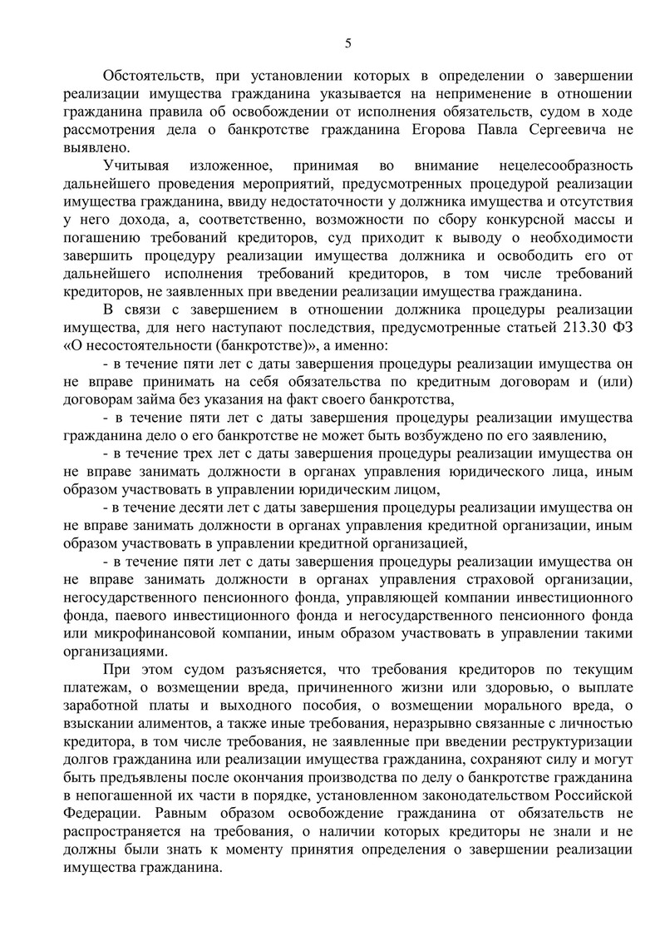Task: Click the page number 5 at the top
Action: (x=348, y=43)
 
